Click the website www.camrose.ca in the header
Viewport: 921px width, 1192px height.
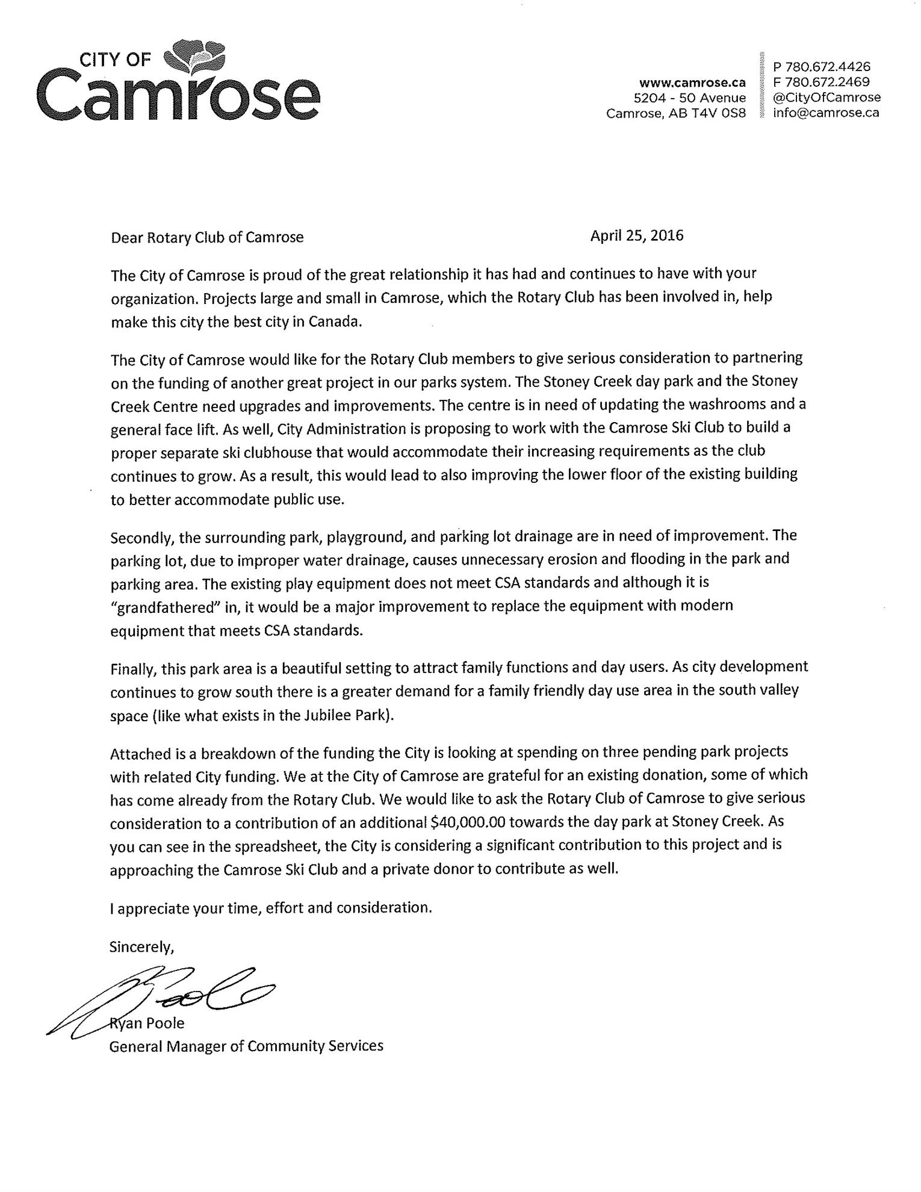pos(692,82)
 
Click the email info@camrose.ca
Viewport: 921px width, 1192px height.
pos(826,113)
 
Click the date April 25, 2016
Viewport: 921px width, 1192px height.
pos(636,235)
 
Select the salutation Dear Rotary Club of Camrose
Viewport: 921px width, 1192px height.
pos(207,237)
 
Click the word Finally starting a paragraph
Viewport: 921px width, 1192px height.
pos(131,669)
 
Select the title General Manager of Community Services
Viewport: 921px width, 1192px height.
pos(246,1046)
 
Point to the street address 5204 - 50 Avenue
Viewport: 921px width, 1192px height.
pos(690,98)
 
